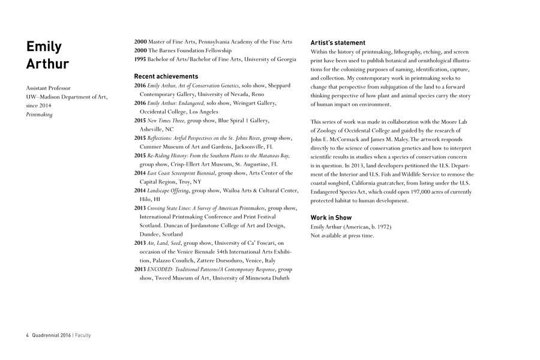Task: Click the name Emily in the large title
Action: click(44, 47)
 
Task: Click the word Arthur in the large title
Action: click(47, 64)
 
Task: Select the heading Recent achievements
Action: click(166, 76)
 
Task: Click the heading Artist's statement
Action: click(338, 43)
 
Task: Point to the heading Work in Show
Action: click(331, 217)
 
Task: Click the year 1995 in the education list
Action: click(140, 59)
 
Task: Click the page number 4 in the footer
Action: click(27, 335)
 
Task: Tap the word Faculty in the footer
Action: click(83, 335)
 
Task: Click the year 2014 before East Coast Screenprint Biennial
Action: click(140, 173)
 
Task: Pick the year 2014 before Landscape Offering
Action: click(140, 190)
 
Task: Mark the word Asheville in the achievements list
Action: click(152, 129)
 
